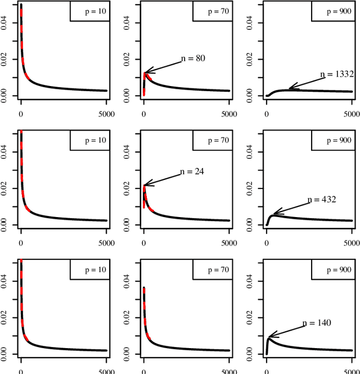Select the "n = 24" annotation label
[192, 172]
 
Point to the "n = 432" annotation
[322, 200]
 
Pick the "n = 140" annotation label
[317, 323]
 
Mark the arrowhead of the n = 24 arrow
[145, 184]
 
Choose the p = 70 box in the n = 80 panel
[212, 11]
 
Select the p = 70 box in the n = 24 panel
[212, 141]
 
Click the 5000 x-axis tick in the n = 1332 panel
[352, 114]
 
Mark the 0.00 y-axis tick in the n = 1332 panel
[249, 96]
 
